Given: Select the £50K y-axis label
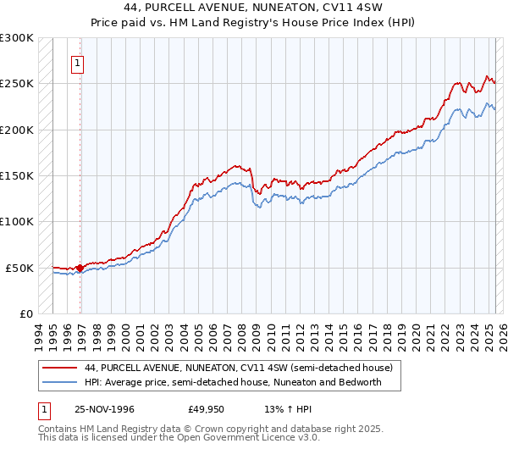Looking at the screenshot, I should (x=20, y=268).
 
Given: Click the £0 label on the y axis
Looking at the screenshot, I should (x=26, y=313).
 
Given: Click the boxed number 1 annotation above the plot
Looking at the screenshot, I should (x=77, y=62).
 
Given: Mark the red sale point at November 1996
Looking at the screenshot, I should (x=80, y=268).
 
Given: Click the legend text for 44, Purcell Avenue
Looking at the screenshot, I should (x=238, y=369).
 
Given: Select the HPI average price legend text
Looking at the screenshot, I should (x=233, y=382).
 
